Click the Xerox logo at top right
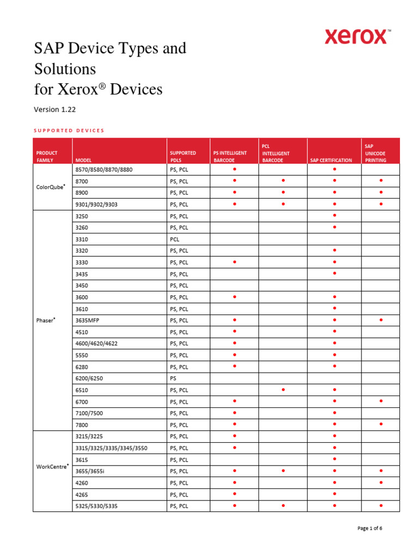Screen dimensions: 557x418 (356, 37)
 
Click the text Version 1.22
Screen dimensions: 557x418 (55, 109)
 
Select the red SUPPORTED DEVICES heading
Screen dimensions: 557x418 (69, 131)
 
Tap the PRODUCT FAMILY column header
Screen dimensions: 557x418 (47, 157)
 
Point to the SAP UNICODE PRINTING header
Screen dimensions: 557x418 (376, 153)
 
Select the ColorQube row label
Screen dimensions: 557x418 (50, 187)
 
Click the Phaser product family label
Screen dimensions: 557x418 (45, 320)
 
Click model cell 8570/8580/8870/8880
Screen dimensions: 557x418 (103, 170)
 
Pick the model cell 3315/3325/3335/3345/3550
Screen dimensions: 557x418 (112, 448)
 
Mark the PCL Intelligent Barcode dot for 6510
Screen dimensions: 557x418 (283, 389)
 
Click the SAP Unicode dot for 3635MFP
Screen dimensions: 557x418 (381, 320)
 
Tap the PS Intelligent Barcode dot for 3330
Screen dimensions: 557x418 (235, 262)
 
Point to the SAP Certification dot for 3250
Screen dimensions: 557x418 (334, 215)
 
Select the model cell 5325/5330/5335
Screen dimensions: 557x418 (97, 506)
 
